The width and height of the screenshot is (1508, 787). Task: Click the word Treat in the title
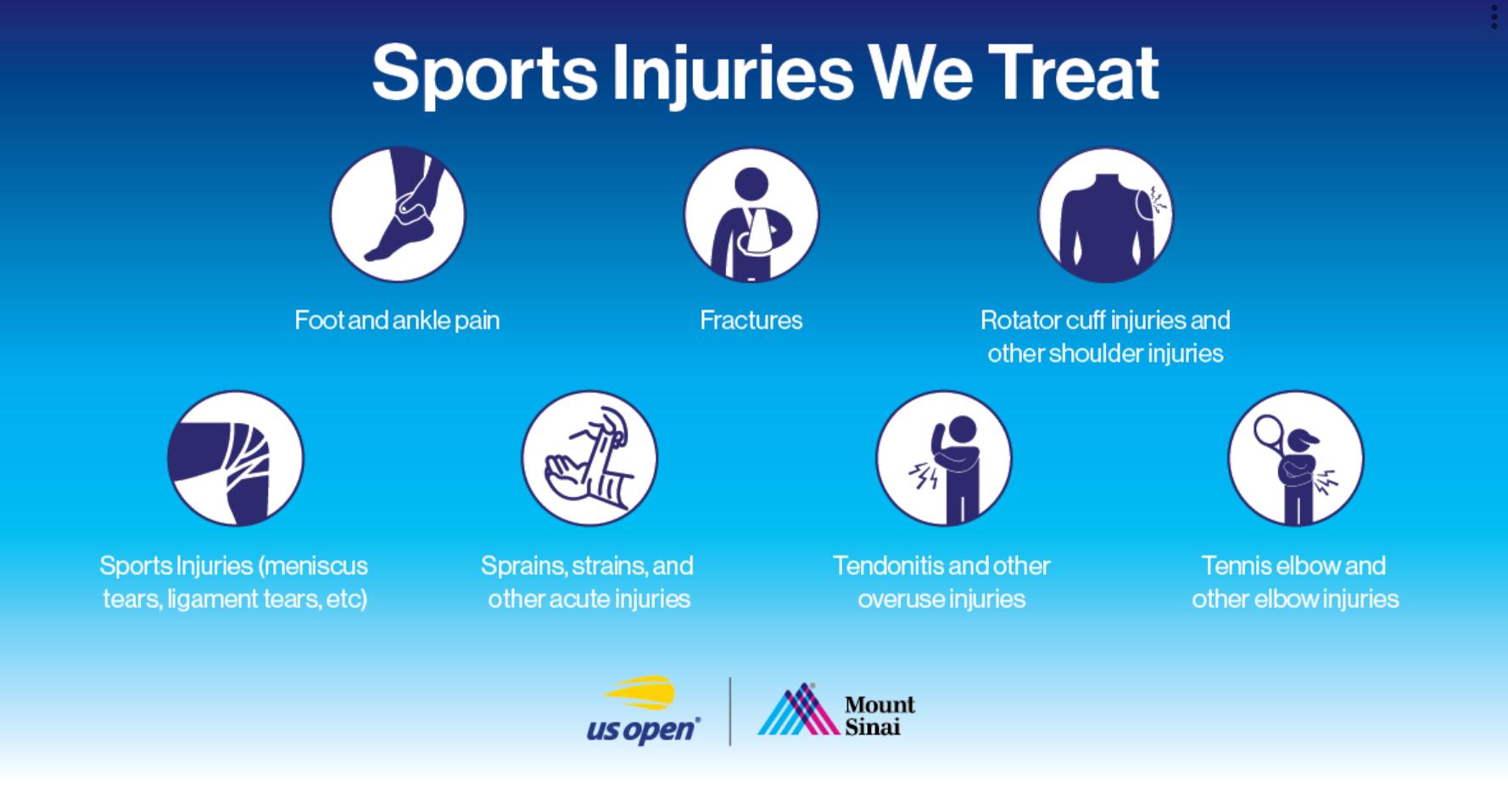click(x=1075, y=72)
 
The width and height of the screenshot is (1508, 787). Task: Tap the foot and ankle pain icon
click(x=398, y=215)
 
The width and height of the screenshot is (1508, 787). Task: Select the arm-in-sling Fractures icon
click(x=751, y=215)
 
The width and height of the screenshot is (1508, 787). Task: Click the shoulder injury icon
click(x=1105, y=215)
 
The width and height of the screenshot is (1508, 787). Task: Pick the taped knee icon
click(x=235, y=458)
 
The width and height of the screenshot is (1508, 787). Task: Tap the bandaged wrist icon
click(x=589, y=458)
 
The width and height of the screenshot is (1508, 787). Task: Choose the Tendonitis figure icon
click(x=943, y=458)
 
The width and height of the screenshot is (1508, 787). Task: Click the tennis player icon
click(x=1296, y=458)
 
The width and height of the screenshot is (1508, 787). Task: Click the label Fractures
click(x=751, y=320)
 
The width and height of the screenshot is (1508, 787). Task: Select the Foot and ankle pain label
click(x=397, y=321)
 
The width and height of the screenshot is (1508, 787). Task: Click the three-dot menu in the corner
click(x=1494, y=16)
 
